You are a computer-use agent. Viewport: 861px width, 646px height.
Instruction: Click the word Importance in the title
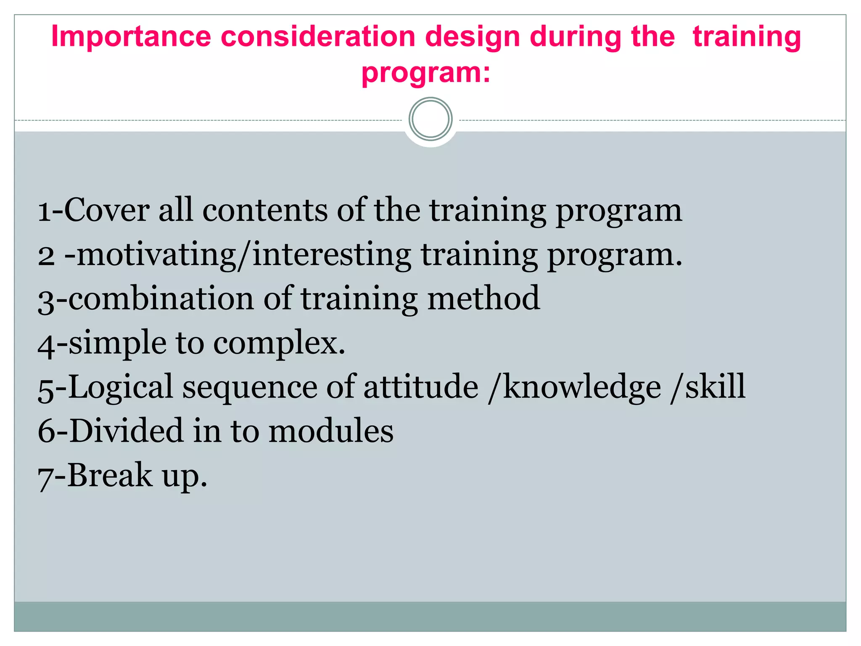point(131,37)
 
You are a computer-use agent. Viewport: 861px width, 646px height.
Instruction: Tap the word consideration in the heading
point(318,37)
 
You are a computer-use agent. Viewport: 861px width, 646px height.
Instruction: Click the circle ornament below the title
point(430,119)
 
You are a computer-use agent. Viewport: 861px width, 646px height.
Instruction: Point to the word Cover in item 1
point(107,210)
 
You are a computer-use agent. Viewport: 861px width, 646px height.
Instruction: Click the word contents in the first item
point(265,210)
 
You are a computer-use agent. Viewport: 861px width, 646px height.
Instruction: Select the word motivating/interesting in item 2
point(244,255)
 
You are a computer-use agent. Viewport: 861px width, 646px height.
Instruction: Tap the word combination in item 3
point(161,299)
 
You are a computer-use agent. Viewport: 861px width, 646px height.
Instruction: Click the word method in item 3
point(483,299)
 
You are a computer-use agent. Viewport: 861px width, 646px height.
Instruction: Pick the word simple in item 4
point(118,343)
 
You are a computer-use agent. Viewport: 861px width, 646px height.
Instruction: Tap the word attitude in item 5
point(421,387)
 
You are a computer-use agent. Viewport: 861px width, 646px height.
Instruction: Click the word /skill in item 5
point(708,387)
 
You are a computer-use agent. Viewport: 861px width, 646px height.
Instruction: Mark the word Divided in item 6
point(127,431)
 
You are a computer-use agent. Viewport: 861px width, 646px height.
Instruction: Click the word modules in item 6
point(331,431)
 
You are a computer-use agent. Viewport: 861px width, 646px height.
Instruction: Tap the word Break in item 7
point(110,475)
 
